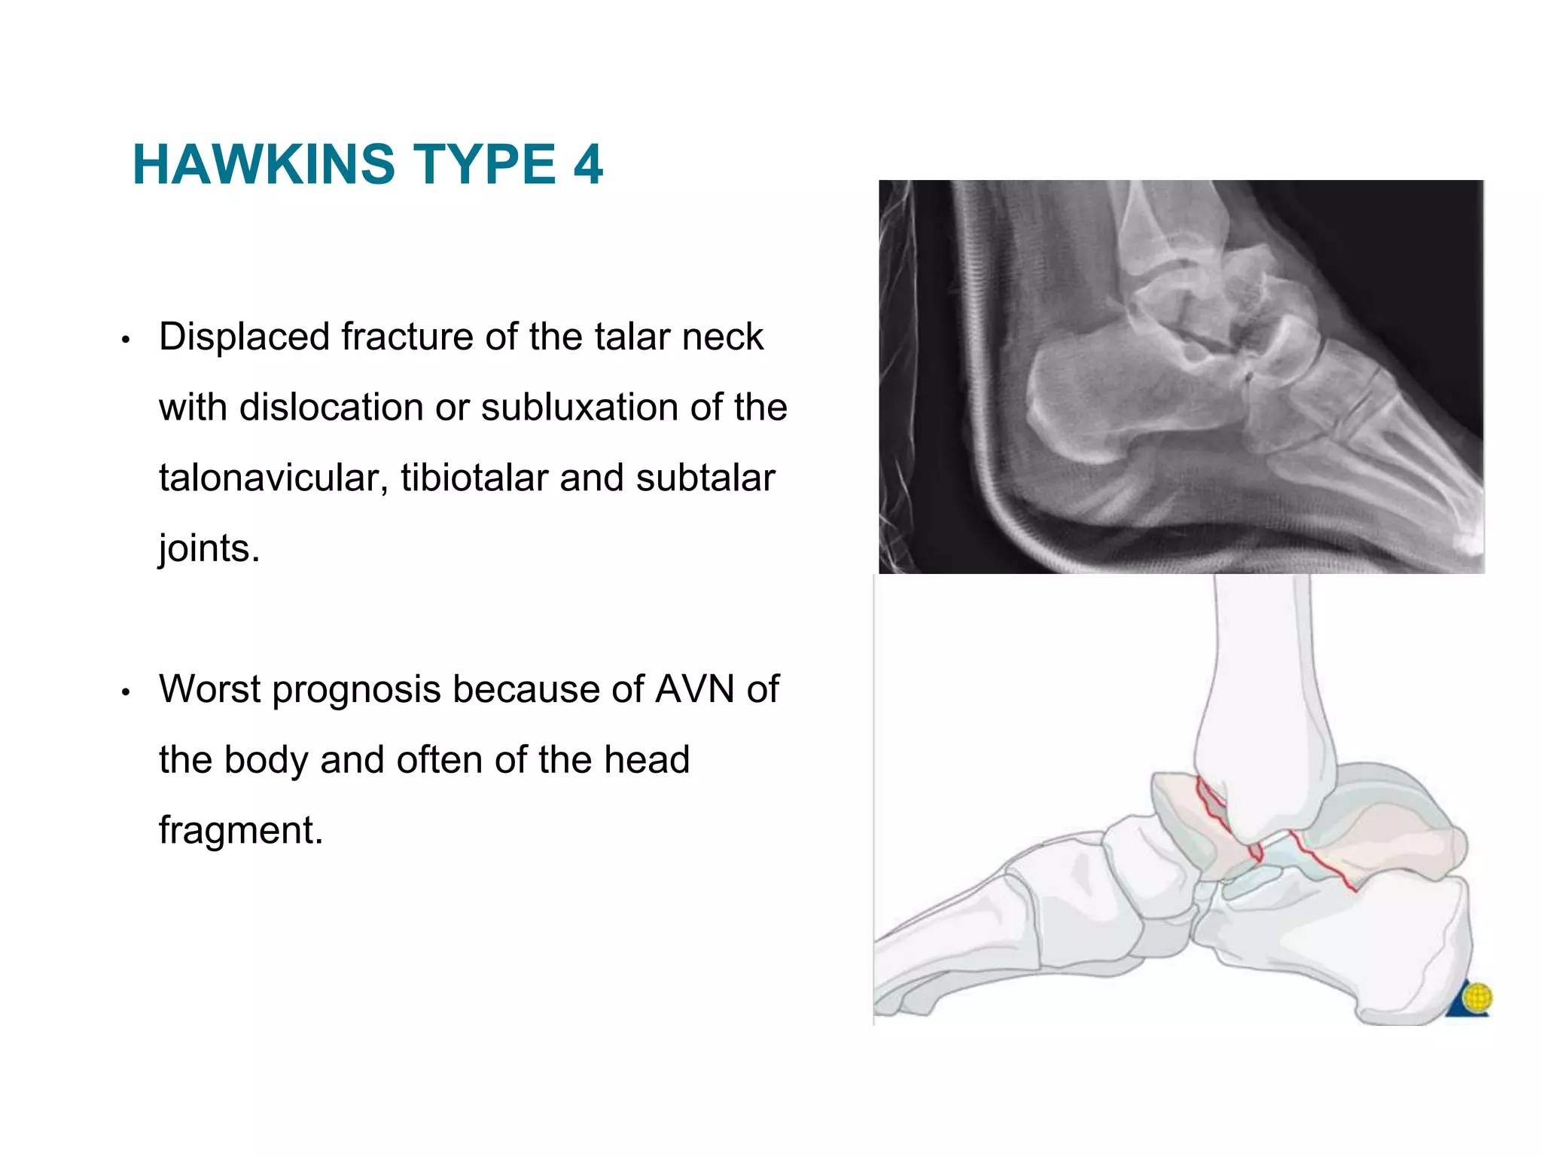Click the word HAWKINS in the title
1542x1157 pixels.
[x=263, y=164]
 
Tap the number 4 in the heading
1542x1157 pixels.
[x=588, y=164]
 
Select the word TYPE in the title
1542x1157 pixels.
[x=485, y=164]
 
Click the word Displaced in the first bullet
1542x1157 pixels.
[x=243, y=337]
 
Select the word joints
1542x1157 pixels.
[x=209, y=548]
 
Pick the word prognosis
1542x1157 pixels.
[x=356, y=690]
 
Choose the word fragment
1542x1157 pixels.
[x=241, y=830]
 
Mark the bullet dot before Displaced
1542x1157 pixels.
[x=126, y=340]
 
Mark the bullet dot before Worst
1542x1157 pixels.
[x=126, y=692]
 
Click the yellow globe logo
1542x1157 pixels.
[x=1477, y=1000]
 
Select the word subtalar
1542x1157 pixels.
[x=705, y=478]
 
